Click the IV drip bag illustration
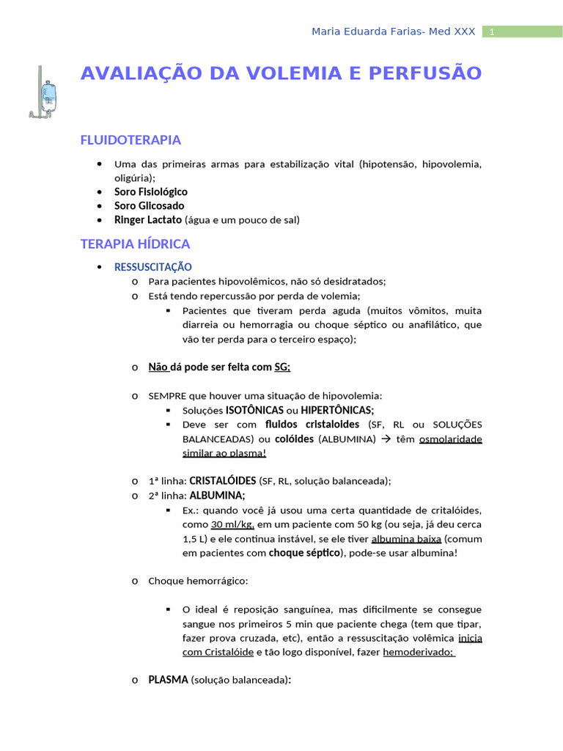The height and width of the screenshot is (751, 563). click(x=48, y=94)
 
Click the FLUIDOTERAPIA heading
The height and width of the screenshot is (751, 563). click(x=130, y=140)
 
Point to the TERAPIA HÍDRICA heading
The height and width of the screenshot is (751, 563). click(x=135, y=243)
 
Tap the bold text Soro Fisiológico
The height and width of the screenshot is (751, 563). click(x=150, y=191)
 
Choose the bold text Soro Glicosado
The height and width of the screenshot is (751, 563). click(x=149, y=205)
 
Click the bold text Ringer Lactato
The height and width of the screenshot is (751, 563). click(x=148, y=219)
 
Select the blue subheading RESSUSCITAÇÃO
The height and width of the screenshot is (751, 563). click(x=152, y=267)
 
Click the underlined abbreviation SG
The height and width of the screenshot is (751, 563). click(x=281, y=367)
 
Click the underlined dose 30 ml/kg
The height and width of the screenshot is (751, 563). click(x=232, y=524)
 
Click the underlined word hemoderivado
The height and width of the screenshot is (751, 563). click(x=417, y=651)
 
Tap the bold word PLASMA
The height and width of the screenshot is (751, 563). click(x=169, y=680)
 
